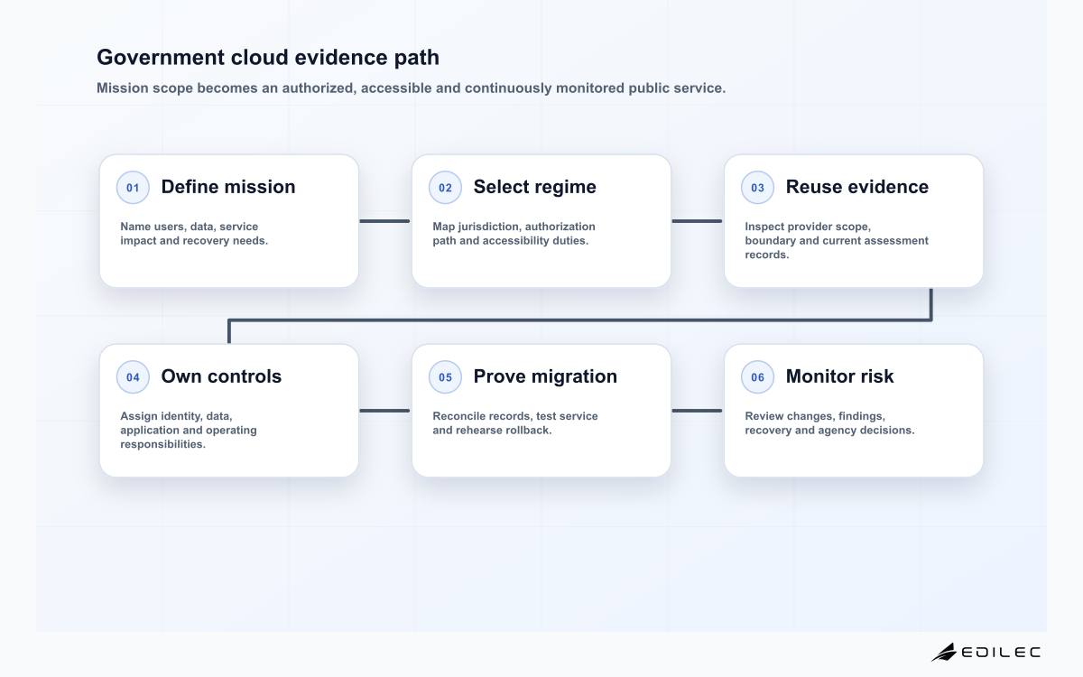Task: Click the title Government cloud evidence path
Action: [x=268, y=58]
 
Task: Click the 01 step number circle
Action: [x=133, y=188]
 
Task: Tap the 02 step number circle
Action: [x=445, y=188]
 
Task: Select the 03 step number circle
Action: [x=757, y=188]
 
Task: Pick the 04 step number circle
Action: [x=133, y=377]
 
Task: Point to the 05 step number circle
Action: [x=445, y=377]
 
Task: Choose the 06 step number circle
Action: [x=757, y=377]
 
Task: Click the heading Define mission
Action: [x=228, y=187]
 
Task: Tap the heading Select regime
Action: [x=534, y=187]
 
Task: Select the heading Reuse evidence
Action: [x=857, y=187]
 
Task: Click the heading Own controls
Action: [x=221, y=376]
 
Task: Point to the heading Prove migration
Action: [x=545, y=376]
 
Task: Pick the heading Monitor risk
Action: [x=840, y=376]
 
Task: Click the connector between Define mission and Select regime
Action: [x=384, y=221]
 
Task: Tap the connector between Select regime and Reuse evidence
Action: [x=697, y=221]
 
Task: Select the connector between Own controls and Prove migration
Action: [x=384, y=411]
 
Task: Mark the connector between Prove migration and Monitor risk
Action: [x=697, y=411]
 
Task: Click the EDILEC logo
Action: [x=986, y=652]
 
